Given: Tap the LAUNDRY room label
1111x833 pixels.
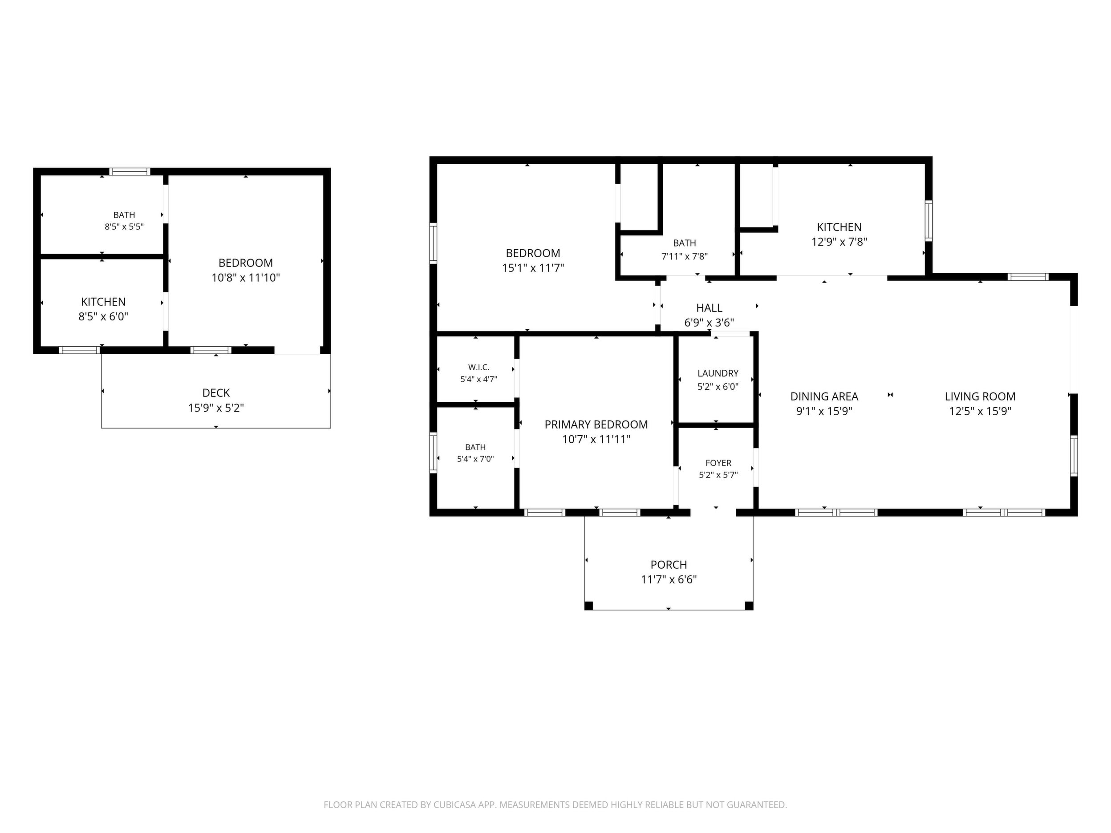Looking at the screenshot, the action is pos(718,373).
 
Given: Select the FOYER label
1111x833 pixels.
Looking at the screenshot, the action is pos(718,463).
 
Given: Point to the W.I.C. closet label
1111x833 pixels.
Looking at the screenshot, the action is pos(478,367).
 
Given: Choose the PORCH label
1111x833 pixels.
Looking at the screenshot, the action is pos(669,564).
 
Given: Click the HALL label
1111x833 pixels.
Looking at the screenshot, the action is pos(709,308).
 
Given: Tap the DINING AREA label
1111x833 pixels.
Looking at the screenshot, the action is pos(824,396).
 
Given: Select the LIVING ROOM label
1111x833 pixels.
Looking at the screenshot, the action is pos(980,396).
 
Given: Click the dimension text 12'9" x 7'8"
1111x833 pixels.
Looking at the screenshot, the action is pos(839,242).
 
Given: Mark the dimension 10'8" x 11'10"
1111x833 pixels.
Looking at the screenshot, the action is pos(246,277).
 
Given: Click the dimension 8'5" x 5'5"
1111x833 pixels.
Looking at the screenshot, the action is pos(124,226).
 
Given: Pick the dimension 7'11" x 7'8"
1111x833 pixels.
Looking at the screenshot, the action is pos(685,256).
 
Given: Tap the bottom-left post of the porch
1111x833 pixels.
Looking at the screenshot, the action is pos(588,606).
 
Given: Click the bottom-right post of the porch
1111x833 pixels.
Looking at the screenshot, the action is pos(749,606).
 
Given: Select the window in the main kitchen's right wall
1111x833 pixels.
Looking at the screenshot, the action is pos(929,221).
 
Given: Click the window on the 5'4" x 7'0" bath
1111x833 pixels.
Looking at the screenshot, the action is pos(433,453).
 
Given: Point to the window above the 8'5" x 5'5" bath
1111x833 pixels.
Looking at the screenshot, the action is pos(130,171).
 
